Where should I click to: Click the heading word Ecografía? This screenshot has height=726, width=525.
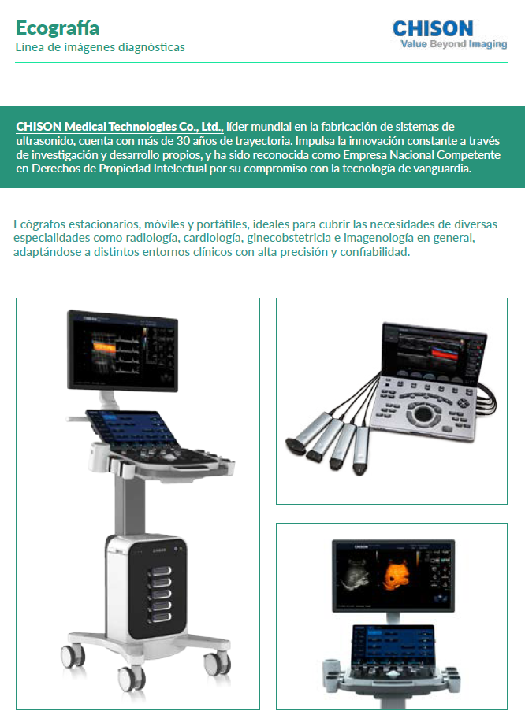[x=58, y=28]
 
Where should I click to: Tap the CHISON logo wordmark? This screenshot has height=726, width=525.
[x=433, y=28]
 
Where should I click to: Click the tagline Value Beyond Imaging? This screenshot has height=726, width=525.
[x=453, y=44]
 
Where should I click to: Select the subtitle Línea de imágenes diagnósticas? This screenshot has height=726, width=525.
[x=100, y=47]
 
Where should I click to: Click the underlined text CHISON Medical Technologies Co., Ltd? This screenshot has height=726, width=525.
[x=120, y=127]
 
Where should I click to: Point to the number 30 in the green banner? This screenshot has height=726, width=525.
[x=183, y=141]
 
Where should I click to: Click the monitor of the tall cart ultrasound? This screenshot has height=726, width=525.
[x=123, y=350]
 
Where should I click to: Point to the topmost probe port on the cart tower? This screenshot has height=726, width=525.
[x=159, y=570]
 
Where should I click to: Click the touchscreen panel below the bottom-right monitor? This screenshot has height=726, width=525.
[x=394, y=646]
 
